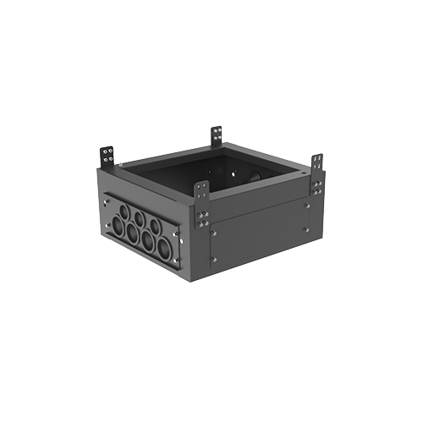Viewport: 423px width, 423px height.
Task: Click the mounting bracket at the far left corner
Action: pyautogui.click(x=107, y=157)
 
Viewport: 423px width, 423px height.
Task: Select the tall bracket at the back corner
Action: pyautogui.click(x=217, y=135)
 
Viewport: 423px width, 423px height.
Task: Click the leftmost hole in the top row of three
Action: pyautogui.click(x=124, y=210)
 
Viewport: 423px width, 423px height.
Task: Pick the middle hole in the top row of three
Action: pyautogui.click(x=140, y=217)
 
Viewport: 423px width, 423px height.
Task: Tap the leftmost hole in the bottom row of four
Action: pyautogui.click(x=118, y=225)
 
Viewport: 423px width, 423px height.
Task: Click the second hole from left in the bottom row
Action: pyautogui.click(x=132, y=233)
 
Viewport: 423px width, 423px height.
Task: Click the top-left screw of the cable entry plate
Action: pyautogui.click(x=107, y=201)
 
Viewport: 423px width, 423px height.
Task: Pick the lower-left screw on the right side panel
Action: pyautogui.click(x=215, y=259)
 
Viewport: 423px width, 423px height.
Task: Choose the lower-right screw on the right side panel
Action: pyautogui.click(x=306, y=229)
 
